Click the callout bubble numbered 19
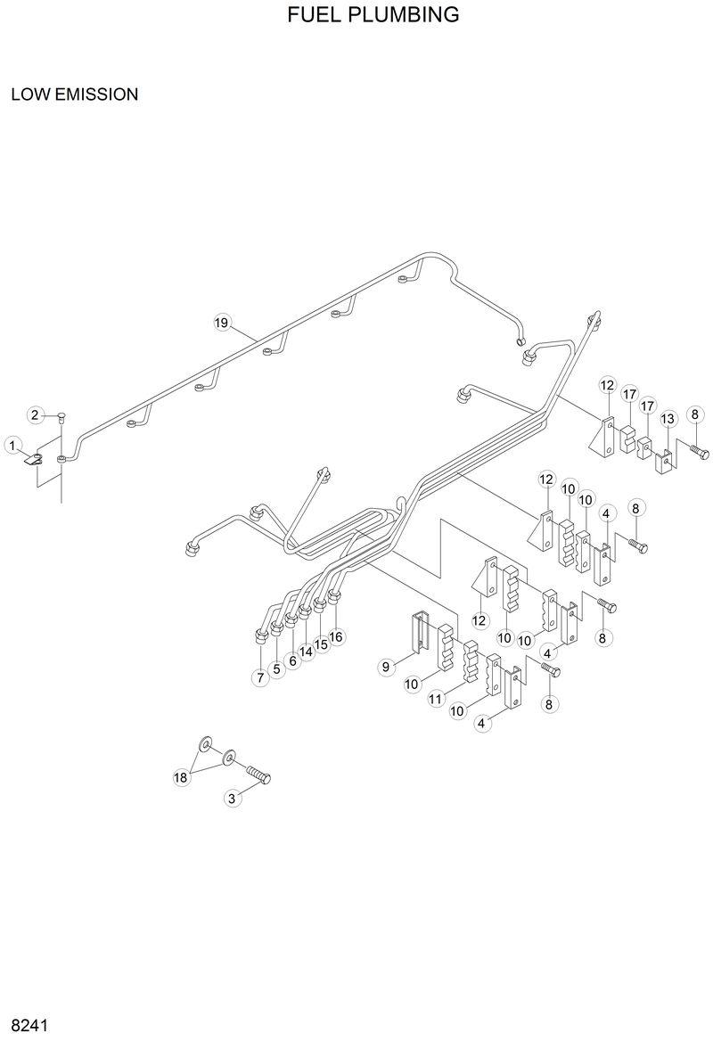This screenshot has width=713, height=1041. (222, 323)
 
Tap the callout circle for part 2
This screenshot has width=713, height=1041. (37, 414)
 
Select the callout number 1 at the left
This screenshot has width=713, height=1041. (12, 444)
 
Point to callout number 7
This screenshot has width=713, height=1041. (260, 677)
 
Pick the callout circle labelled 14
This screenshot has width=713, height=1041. (307, 652)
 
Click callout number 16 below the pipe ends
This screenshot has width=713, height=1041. (335, 637)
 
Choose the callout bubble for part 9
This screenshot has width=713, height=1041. (386, 666)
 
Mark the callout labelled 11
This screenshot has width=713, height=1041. (436, 700)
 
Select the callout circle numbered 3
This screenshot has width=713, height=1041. (232, 799)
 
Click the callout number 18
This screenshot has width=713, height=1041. (181, 777)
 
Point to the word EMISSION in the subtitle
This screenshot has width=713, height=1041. (97, 94)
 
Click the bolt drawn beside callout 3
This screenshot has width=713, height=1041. (257, 773)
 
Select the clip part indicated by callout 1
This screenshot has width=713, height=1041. (34, 460)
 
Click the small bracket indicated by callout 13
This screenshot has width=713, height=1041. (663, 462)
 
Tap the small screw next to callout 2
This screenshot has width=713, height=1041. (61, 414)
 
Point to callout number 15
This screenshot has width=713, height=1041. (321, 643)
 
